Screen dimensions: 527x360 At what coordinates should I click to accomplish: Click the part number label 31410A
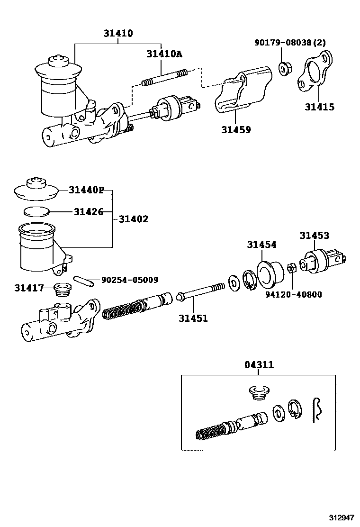164,54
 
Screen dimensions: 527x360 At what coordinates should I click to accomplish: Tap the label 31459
235,129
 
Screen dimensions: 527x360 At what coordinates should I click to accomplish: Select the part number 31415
319,107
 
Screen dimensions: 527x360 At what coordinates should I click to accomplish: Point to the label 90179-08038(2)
290,43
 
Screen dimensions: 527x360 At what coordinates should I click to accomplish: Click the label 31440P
86,190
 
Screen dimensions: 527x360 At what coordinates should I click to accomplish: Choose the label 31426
88,211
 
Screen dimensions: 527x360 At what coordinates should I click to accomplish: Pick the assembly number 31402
133,219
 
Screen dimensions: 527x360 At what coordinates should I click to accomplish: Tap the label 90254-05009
130,280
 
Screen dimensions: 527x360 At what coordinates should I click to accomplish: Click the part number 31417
29,288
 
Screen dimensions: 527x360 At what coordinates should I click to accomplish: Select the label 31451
193,318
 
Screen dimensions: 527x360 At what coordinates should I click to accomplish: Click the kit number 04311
259,365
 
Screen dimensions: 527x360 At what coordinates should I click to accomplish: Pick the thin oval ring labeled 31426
36,211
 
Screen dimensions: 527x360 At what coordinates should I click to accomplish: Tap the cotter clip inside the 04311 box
317,409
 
